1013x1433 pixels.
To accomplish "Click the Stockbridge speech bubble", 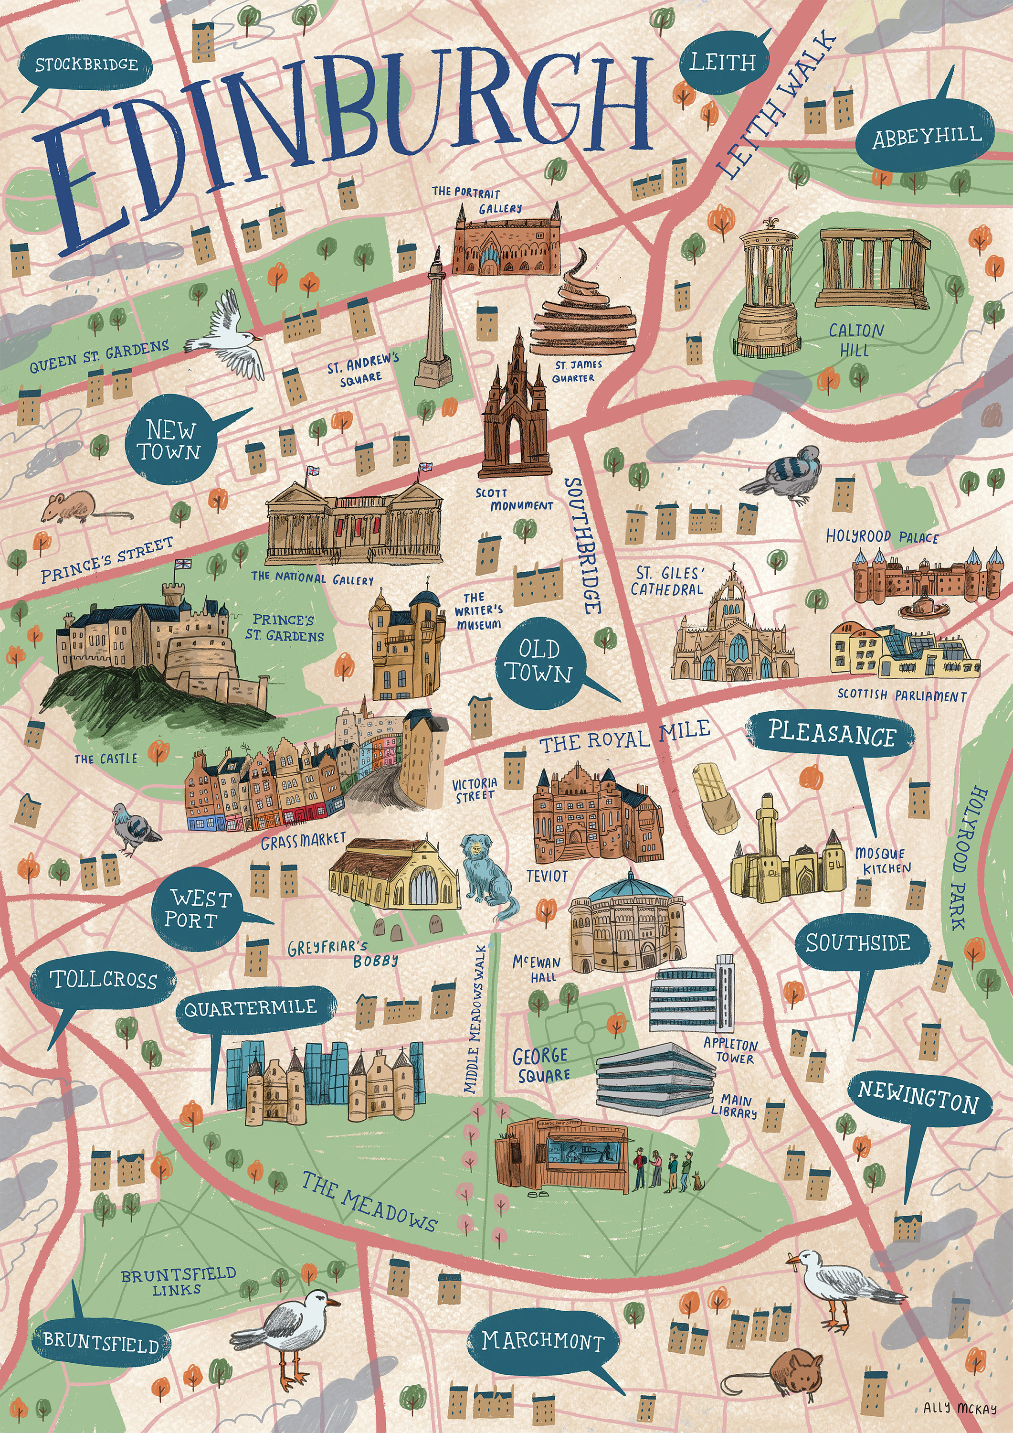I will coord(85,64).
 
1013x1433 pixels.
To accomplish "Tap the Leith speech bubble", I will coord(724,62).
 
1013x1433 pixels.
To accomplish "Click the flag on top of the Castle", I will coord(183,564).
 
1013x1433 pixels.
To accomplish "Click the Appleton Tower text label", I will coord(730,1050).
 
